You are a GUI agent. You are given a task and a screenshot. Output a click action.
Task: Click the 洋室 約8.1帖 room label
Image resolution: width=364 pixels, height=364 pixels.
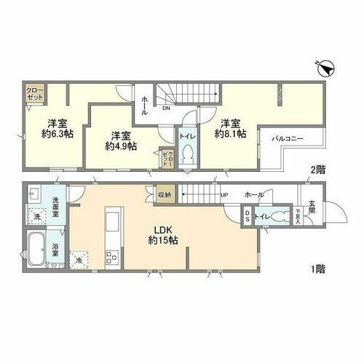pos(229,128)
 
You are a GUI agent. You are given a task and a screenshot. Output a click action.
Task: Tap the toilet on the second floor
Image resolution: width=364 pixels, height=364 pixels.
pos(186,154)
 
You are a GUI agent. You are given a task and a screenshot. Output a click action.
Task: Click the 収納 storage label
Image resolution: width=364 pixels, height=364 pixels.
pos(164,194)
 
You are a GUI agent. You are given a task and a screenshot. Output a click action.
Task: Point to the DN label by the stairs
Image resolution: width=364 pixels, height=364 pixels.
pos(166,109)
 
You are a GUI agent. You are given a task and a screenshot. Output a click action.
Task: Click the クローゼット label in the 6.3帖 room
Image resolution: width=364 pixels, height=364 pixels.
pos(34,97)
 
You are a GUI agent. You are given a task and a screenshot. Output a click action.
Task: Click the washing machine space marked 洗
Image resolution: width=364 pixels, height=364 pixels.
pos(36,216)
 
